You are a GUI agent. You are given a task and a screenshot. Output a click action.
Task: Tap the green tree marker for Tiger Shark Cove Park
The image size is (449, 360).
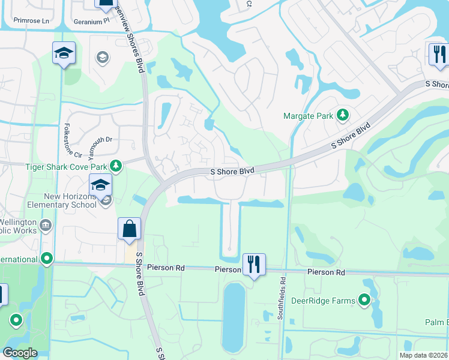(x=116, y=165)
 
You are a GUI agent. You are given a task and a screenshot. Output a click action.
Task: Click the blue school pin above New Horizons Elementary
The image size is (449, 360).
(x=100, y=185)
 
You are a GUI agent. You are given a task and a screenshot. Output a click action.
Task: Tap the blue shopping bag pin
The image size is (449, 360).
(x=129, y=229)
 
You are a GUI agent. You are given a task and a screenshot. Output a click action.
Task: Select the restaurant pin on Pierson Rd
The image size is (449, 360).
(x=254, y=264)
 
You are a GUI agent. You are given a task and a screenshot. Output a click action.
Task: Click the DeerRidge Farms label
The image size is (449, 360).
(x=325, y=299)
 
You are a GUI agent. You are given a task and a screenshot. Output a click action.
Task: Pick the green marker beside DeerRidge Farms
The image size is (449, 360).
(x=364, y=299)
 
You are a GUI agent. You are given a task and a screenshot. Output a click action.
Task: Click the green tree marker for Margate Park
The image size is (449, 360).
(x=342, y=114)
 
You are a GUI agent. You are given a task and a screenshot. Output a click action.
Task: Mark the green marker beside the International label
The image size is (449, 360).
(x=47, y=259)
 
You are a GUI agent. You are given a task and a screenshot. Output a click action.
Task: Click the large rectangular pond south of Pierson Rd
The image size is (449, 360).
(x=234, y=316)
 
